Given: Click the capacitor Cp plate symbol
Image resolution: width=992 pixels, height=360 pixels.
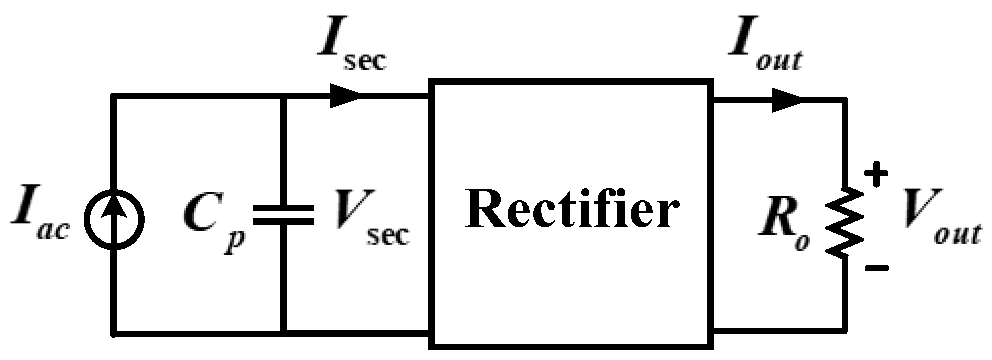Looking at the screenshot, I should coord(284,215).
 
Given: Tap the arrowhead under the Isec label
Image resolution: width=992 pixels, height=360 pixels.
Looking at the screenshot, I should coord(345,96).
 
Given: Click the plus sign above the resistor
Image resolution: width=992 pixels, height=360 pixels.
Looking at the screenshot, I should coord(877,175).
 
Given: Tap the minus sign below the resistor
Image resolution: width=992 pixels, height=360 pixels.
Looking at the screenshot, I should coord(877,268).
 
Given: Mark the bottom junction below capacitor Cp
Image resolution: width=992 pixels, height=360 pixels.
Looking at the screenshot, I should coord(284,332).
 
